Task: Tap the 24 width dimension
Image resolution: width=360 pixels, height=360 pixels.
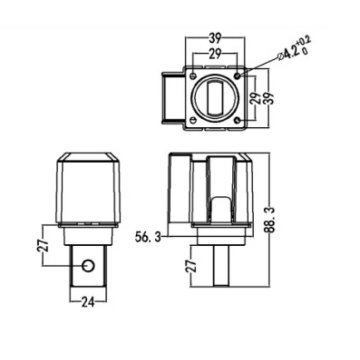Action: click(88, 302)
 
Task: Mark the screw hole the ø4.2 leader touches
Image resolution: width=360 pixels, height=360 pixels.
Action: click(238, 75)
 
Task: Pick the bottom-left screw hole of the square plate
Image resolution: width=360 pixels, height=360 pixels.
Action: click(193, 120)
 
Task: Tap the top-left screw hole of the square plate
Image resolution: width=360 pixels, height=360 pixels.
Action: click(193, 75)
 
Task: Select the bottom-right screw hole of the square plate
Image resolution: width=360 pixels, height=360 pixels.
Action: click(238, 120)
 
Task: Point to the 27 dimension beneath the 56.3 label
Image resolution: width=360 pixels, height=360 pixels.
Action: click(192, 265)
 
